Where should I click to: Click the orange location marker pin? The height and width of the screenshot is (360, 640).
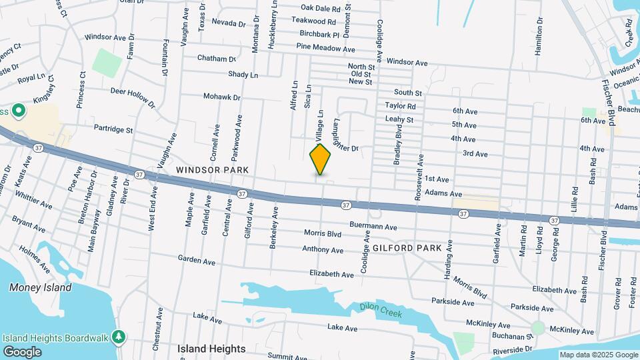pos(321,159)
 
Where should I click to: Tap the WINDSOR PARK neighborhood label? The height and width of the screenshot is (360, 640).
pos(213,170)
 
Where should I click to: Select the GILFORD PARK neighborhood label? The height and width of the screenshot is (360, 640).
pos(407,248)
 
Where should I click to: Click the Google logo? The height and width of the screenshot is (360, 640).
pos(22,351)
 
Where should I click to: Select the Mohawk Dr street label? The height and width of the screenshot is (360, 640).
pos(221,97)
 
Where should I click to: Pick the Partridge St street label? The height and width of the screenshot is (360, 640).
pos(113,129)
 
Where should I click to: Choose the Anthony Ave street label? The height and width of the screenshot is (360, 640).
pos(323,250)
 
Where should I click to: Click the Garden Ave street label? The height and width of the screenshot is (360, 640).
pos(197,260)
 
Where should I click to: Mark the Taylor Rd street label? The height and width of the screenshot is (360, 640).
pos(401,106)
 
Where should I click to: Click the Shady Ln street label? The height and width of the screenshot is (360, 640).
pos(243,75)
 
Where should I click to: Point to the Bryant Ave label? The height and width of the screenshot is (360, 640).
pos(29,224)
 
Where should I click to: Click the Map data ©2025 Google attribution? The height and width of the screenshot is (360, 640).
pos(599,355)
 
